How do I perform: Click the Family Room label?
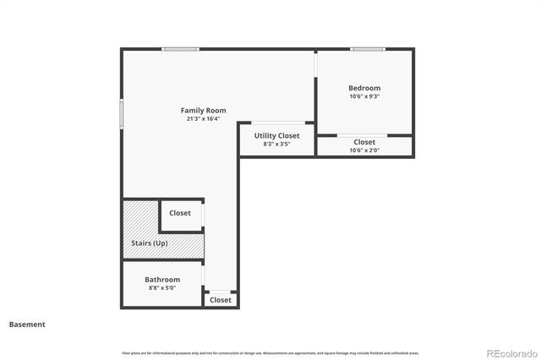203,111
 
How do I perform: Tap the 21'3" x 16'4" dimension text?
203,119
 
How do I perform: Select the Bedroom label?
364,88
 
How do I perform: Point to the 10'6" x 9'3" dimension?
364,96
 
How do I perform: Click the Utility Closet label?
276,135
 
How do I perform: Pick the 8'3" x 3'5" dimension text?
276,145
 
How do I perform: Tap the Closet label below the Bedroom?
364,142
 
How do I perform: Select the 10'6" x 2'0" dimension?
364,150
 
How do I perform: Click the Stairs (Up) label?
149,243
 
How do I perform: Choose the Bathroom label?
161,280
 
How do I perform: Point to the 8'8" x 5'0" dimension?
161,288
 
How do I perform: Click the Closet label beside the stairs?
180,213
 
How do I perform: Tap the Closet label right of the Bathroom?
221,300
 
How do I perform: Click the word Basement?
27,325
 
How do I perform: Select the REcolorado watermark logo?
510,353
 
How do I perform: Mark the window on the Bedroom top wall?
368,49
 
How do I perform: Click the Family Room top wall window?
181,49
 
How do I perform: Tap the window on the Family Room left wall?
122,112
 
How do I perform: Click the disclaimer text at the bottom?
270,352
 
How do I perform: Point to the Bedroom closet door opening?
362,135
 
